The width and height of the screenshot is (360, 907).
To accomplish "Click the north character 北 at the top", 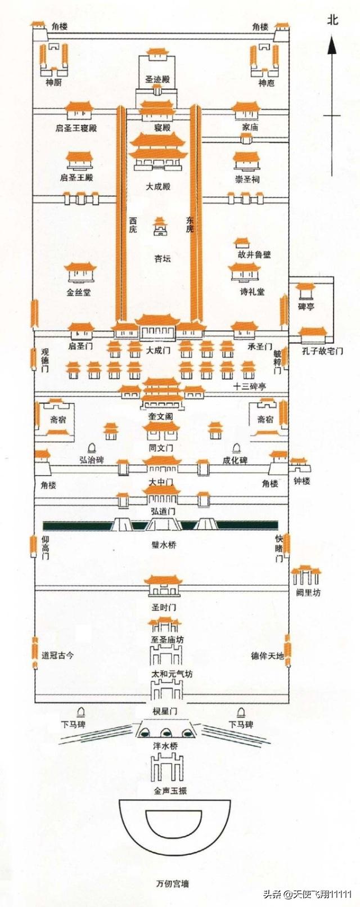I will [332, 20].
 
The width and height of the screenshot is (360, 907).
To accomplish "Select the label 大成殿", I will [158, 186].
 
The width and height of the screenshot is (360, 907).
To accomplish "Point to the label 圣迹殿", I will [157, 79].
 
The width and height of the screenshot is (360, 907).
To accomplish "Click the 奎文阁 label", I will [160, 416].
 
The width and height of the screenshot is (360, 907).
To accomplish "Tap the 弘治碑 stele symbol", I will [92, 448].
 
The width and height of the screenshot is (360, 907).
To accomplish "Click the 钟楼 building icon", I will [300, 465].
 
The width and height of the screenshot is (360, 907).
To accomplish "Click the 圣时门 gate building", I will [163, 586].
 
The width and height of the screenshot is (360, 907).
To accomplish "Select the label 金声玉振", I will [170, 791].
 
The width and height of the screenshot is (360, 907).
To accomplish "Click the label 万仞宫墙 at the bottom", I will [173, 883].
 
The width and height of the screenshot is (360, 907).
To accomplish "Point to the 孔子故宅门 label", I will [323, 352].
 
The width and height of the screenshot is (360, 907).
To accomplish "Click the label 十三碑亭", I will [250, 387].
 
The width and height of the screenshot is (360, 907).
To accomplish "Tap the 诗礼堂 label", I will [252, 291].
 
